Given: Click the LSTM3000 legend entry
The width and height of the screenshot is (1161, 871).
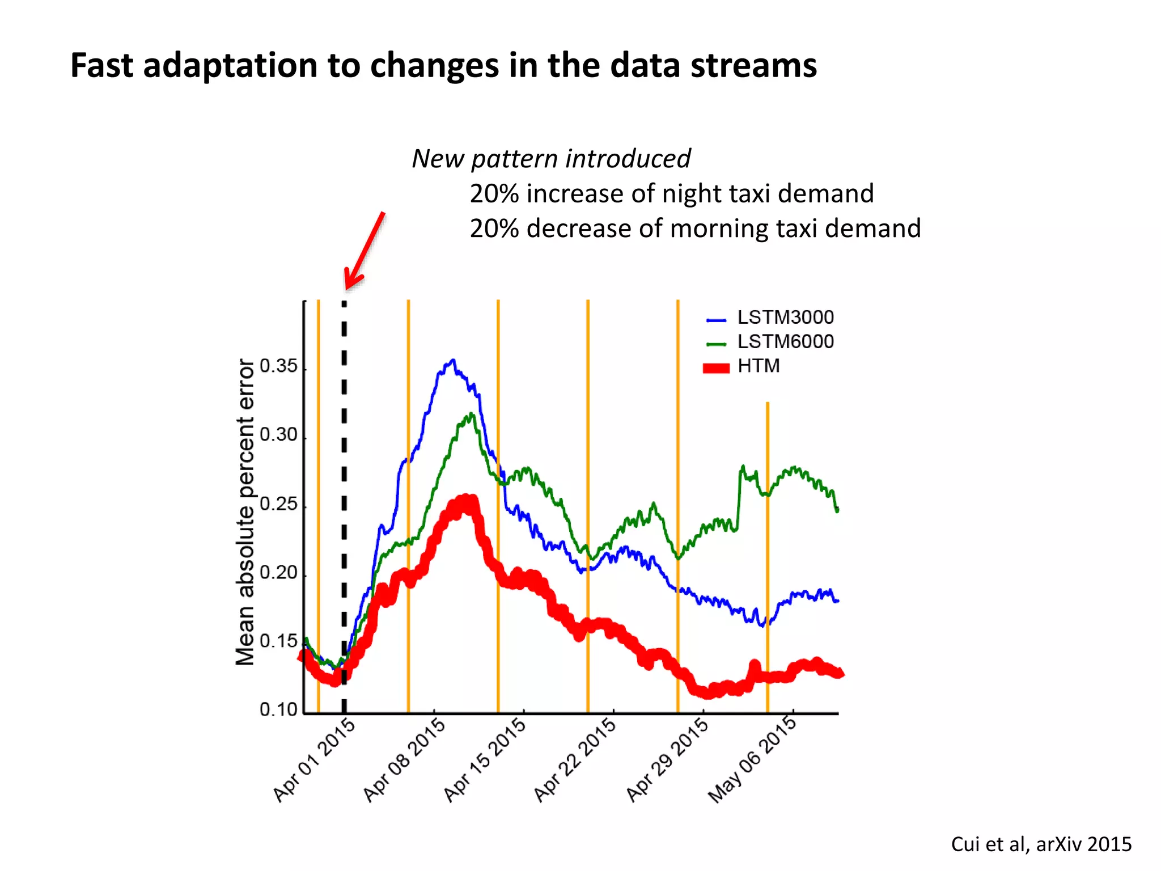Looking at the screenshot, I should pos(785,318).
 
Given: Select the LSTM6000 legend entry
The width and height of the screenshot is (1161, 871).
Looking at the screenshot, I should pos(785,342).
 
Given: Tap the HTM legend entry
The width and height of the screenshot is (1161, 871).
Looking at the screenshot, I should pos(759,366).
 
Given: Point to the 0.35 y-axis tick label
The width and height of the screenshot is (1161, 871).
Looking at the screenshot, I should pos(278,366).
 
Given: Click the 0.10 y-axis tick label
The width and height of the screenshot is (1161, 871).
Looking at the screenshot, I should pos(278,709).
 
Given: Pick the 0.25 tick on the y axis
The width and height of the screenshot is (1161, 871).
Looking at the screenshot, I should pos(278,504).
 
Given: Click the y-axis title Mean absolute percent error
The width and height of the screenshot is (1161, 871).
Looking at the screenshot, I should pos(245,511).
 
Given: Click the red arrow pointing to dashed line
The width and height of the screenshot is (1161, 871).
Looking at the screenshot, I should pos(365,250).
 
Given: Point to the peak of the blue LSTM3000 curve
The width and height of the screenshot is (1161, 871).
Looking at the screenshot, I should pos(452,360).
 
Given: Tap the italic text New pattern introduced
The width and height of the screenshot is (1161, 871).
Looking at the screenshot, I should pos(551,159).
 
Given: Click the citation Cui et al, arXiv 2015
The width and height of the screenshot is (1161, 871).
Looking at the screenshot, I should pos(1041,844).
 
